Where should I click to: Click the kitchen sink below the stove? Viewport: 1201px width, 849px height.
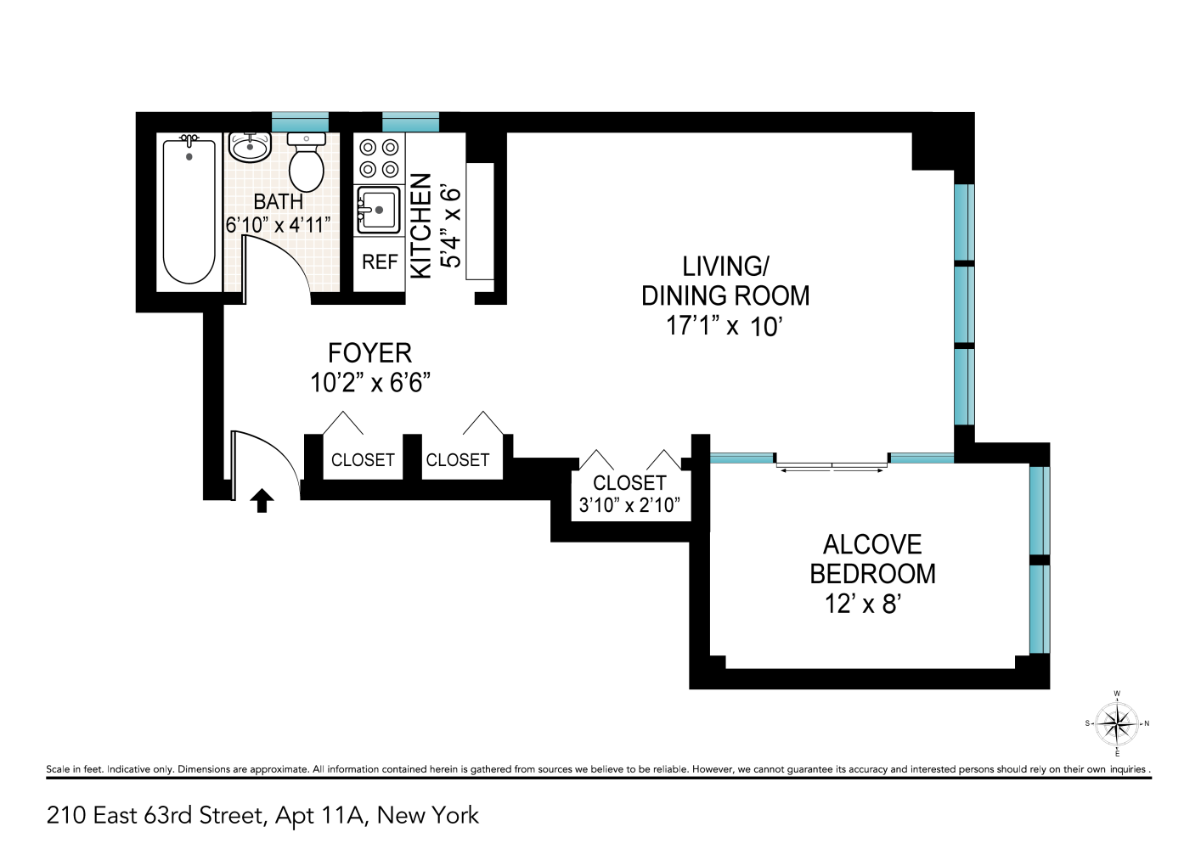pos(378,210)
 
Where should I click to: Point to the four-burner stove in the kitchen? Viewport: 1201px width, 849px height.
pos(379,158)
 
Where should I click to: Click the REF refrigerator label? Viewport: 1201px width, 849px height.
pos(380,262)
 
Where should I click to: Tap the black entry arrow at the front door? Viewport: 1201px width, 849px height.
pos(262,501)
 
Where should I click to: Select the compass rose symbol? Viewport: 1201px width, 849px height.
pos(1116,724)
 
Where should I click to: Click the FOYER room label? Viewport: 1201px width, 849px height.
pos(369,353)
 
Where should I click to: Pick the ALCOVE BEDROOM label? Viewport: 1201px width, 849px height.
pos(872,559)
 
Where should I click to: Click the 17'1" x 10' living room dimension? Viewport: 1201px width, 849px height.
pos(724,326)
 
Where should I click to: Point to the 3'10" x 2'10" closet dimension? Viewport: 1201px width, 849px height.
pos(629,505)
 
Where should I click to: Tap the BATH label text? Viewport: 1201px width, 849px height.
pos(278,202)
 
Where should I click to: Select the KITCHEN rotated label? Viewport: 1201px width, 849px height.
pos(421,226)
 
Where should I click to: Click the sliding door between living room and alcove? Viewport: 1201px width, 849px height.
pos(832,464)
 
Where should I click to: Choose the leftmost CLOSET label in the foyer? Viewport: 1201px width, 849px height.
pos(363,460)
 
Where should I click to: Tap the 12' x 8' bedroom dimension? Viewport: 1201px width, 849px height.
pos(862,604)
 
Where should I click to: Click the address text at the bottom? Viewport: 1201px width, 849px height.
pos(262,816)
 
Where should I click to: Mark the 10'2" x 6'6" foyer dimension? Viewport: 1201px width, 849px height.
pos(369,383)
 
